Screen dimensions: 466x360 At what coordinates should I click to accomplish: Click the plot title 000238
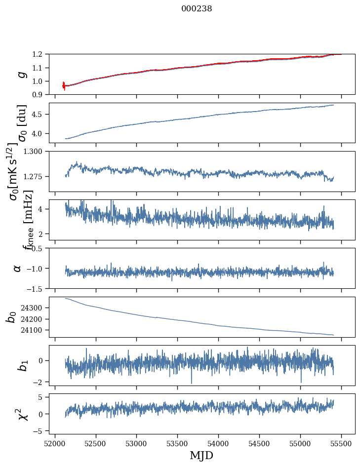[x=197, y=9]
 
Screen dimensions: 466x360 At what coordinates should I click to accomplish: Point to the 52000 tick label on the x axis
[x=55, y=443]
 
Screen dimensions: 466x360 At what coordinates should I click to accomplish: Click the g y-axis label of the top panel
[x=21, y=75]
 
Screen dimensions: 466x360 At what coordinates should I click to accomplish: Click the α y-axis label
[x=17, y=268]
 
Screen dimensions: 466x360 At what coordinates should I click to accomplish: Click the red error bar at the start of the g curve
[x=64, y=85]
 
